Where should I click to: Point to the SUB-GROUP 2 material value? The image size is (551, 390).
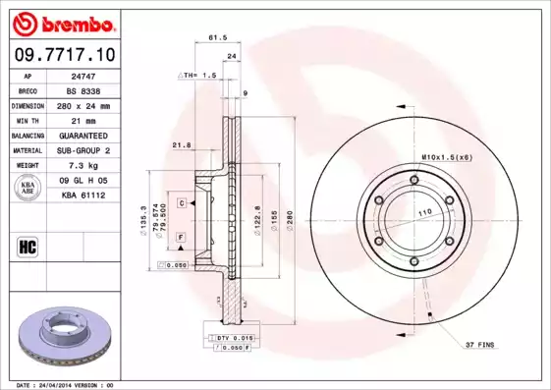82,150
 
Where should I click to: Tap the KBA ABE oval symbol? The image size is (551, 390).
28,188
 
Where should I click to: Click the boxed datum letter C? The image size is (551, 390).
182,201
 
